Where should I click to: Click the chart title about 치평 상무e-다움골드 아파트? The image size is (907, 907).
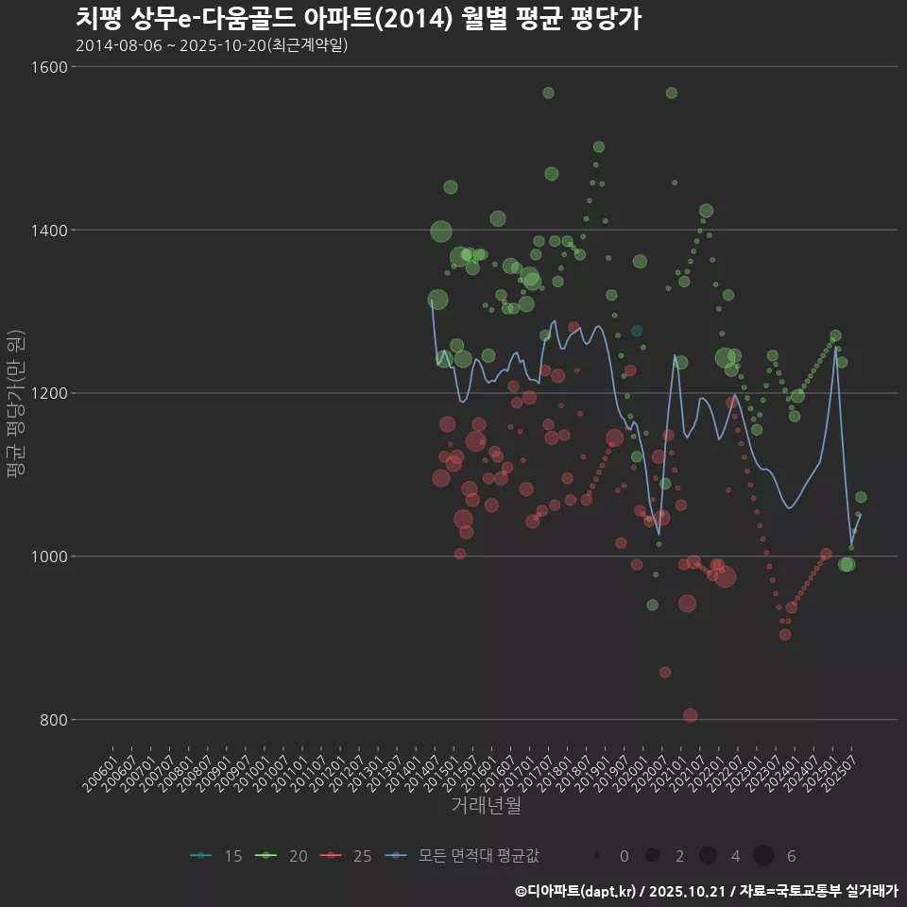coord(358,18)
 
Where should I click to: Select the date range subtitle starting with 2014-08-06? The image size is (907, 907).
coord(212,45)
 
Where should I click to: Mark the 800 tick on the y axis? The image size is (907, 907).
coord(51,720)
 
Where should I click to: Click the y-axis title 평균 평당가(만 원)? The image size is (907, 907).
coord(15,405)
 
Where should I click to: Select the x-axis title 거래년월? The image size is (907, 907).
coord(486,806)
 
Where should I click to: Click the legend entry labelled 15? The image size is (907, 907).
coord(217,856)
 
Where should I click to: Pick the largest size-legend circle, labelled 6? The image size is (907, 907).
coord(763,856)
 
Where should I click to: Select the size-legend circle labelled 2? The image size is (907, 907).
coord(652,856)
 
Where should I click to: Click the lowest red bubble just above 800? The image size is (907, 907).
coord(691,715)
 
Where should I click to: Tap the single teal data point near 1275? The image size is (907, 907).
coord(637,331)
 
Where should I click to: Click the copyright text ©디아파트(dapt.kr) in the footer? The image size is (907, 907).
coord(577,891)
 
